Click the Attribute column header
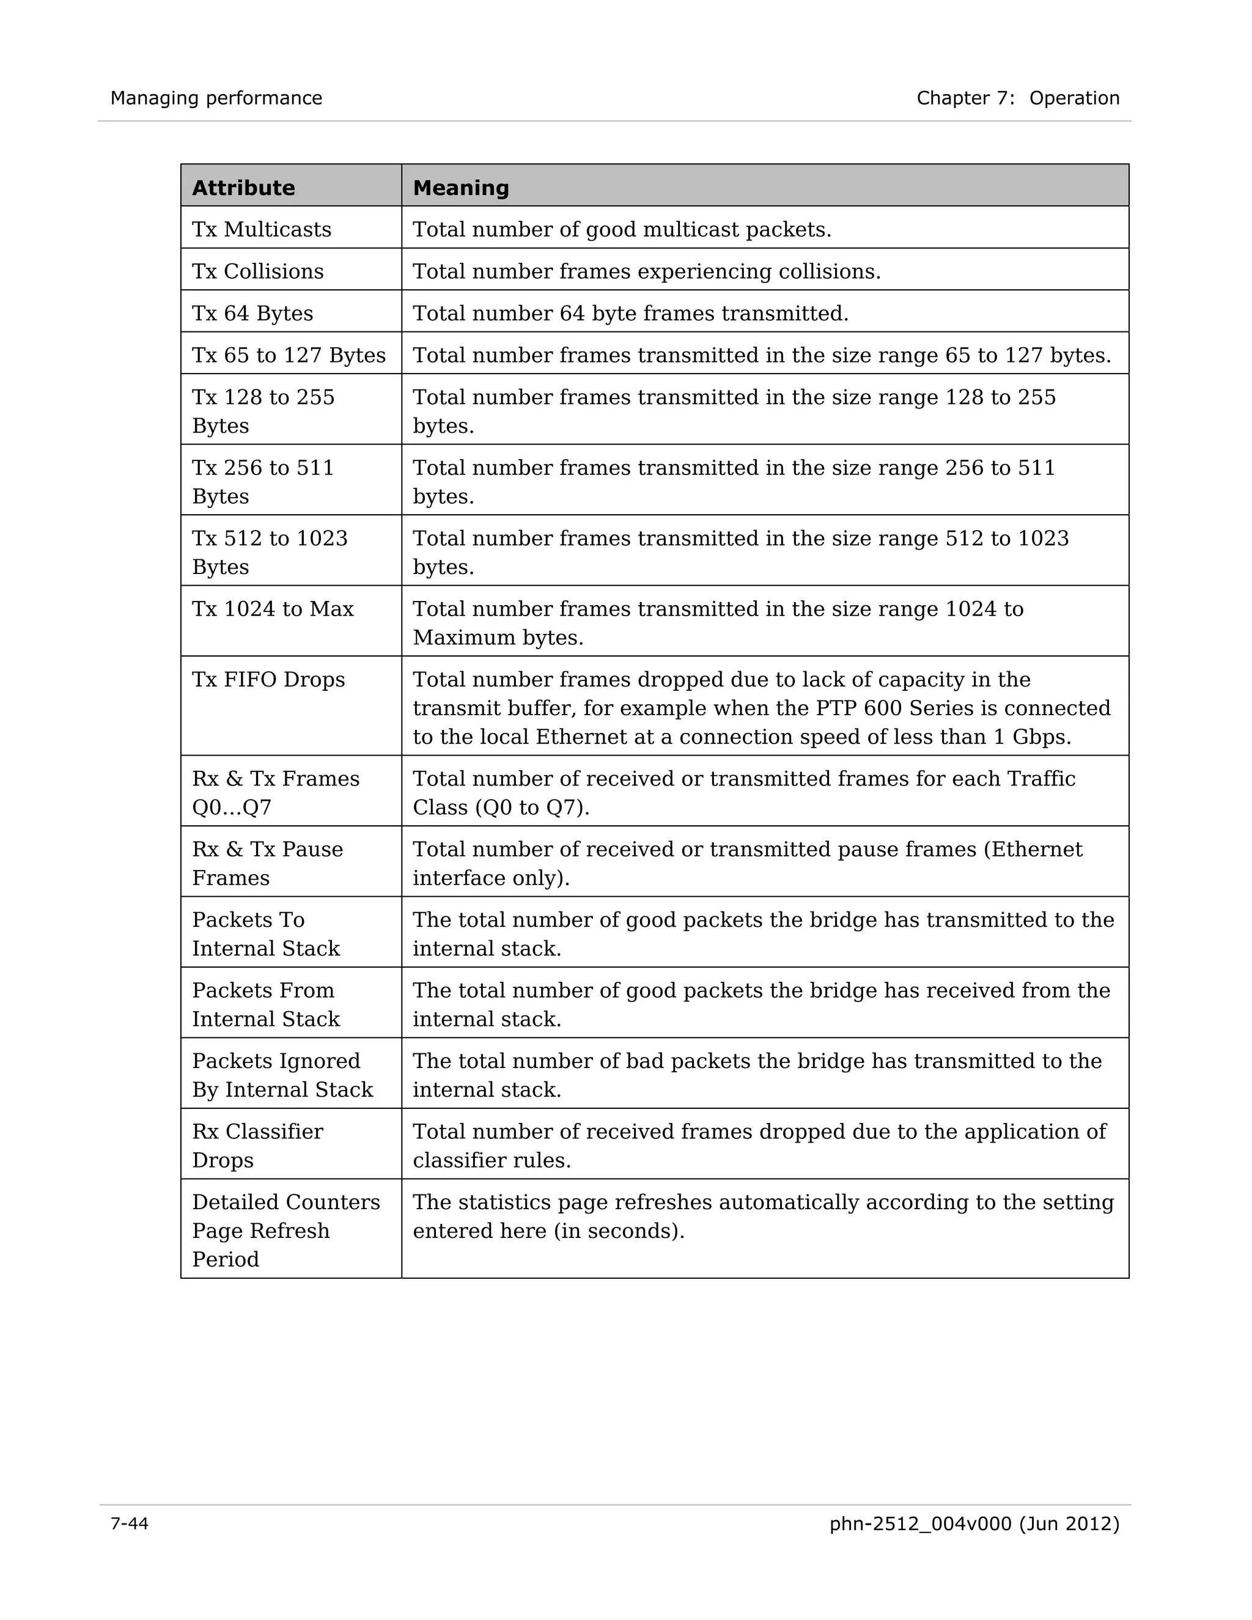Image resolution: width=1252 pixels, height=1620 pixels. tap(243, 188)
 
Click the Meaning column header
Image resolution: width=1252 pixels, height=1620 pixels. tap(460, 188)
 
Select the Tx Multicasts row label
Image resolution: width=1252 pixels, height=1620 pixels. tap(261, 229)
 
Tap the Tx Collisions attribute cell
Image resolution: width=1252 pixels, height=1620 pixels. tap(257, 271)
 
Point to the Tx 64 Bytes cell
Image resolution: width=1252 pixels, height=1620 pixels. tap(252, 313)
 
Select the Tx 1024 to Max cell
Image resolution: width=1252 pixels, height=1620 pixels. tap(272, 609)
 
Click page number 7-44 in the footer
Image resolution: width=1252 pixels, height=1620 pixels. tap(129, 1523)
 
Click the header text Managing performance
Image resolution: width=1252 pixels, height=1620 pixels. tap(216, 98)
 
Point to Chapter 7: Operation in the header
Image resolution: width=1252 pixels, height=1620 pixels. tap(1018, 98)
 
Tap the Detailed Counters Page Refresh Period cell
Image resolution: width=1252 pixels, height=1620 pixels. tap(285, 1231)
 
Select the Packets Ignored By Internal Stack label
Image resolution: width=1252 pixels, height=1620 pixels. tap(282, 1075)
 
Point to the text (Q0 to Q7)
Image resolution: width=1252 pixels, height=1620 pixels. tap(532, 807)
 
